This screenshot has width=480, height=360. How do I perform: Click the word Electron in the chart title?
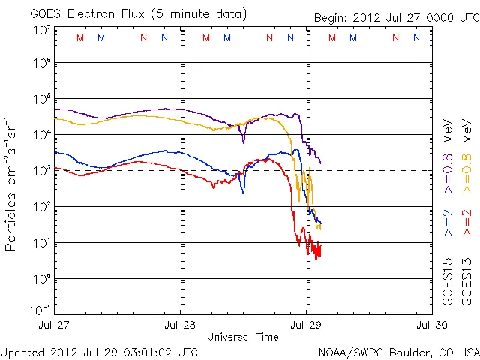coord(93,13)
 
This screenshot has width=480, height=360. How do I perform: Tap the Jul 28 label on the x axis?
coord(180,325)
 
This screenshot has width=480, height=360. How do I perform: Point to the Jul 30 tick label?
coord(430,325)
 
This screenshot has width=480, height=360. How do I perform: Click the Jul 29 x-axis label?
coord(305,325)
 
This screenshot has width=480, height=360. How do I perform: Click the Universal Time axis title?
coord(243,337)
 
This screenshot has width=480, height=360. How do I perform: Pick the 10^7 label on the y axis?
coord(41,30)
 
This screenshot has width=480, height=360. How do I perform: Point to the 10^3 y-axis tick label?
coord(41,171)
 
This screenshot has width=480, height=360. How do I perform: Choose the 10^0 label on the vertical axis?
coord(41,279)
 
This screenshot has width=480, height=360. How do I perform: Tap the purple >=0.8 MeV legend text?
coord(448,147)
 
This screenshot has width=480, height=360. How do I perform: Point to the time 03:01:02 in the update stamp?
coord(143,352)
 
